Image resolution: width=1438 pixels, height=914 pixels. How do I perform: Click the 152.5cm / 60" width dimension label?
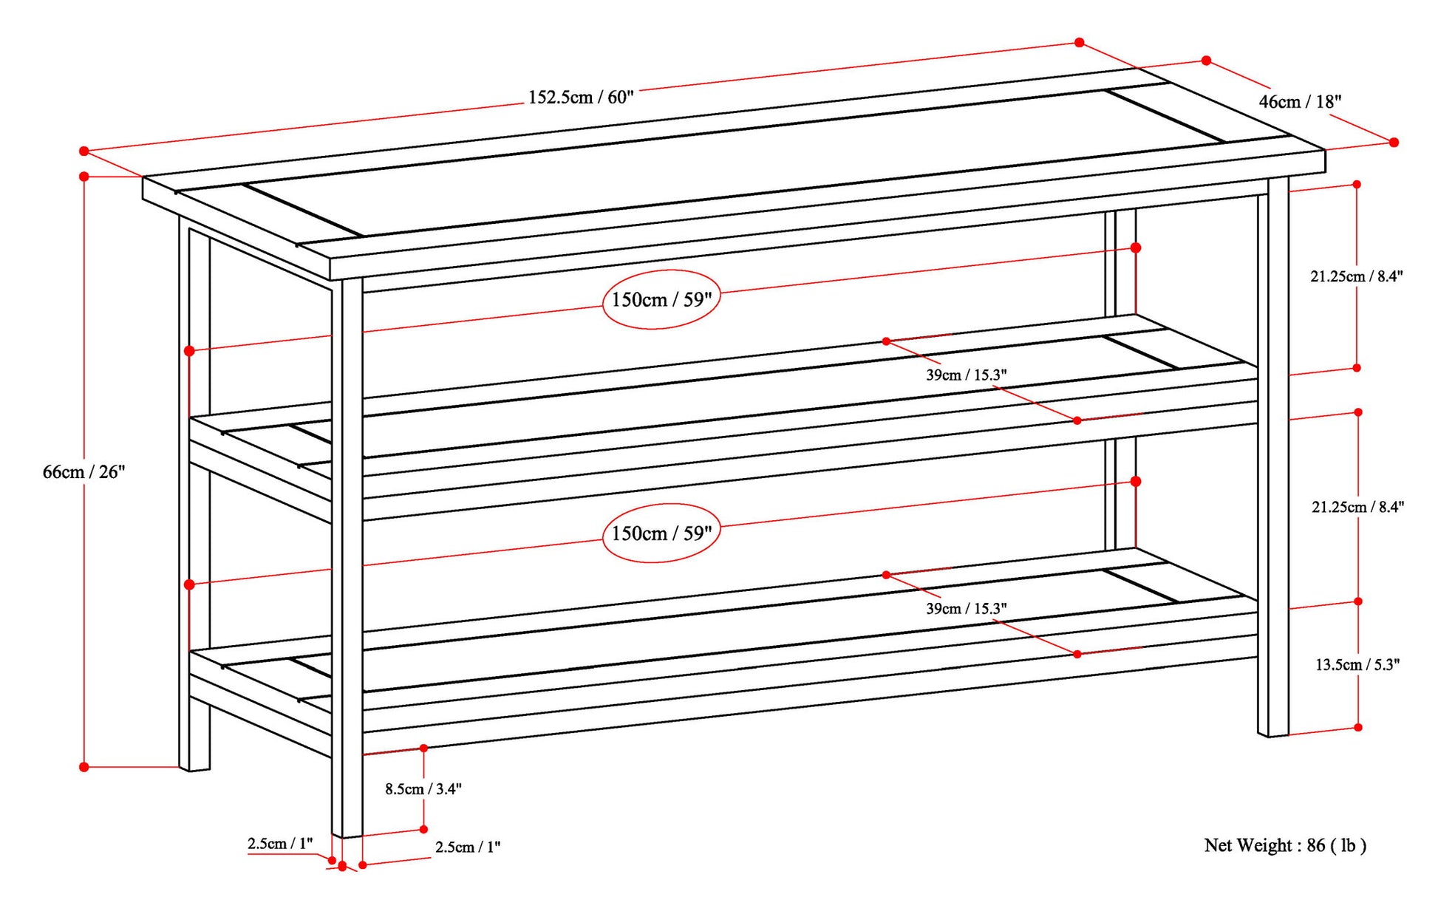click(x=581, y=97)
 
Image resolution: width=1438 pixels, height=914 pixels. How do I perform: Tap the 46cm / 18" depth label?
click(x=1300, y=102)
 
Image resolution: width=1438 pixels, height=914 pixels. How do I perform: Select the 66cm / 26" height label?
click(x=84, y=471)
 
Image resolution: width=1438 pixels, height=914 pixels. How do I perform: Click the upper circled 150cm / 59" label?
click(x=661, y=299)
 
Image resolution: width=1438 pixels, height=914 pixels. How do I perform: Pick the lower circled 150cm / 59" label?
click(x=661, y=533)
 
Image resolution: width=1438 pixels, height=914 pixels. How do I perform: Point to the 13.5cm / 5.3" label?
click(x=1357, y=664)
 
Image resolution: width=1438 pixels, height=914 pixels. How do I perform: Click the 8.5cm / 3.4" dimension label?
click(x=423, y=788)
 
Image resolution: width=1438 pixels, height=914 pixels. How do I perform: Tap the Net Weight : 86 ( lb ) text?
click(x=1285, y=845)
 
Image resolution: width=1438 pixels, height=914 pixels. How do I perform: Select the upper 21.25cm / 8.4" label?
click(x=1357, y=276)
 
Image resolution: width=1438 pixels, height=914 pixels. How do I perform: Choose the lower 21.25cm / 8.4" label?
click(x=1357, y=507)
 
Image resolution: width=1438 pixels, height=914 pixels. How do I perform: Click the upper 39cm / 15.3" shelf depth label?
click(x=967, y=375)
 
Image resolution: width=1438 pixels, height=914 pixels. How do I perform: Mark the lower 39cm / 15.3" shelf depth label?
click(x=967, y=608)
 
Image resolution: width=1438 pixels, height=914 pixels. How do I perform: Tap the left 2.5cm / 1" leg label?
click(x=280, y=843)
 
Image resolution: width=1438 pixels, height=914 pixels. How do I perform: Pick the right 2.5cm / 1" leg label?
click(x=468, y=847)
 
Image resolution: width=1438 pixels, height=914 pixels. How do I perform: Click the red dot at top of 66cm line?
click(x=84, y=177)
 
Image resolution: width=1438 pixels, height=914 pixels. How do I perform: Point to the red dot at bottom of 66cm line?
click(x=84, y=767)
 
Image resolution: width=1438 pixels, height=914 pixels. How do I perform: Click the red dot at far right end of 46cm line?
click(x=1394, y=142)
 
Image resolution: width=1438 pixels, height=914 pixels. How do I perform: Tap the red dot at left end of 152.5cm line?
click(x=84, y=151)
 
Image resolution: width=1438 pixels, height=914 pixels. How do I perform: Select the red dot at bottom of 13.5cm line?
click(x=1358, y=727)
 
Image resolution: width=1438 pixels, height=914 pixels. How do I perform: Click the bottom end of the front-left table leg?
click(x=347, y=836)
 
